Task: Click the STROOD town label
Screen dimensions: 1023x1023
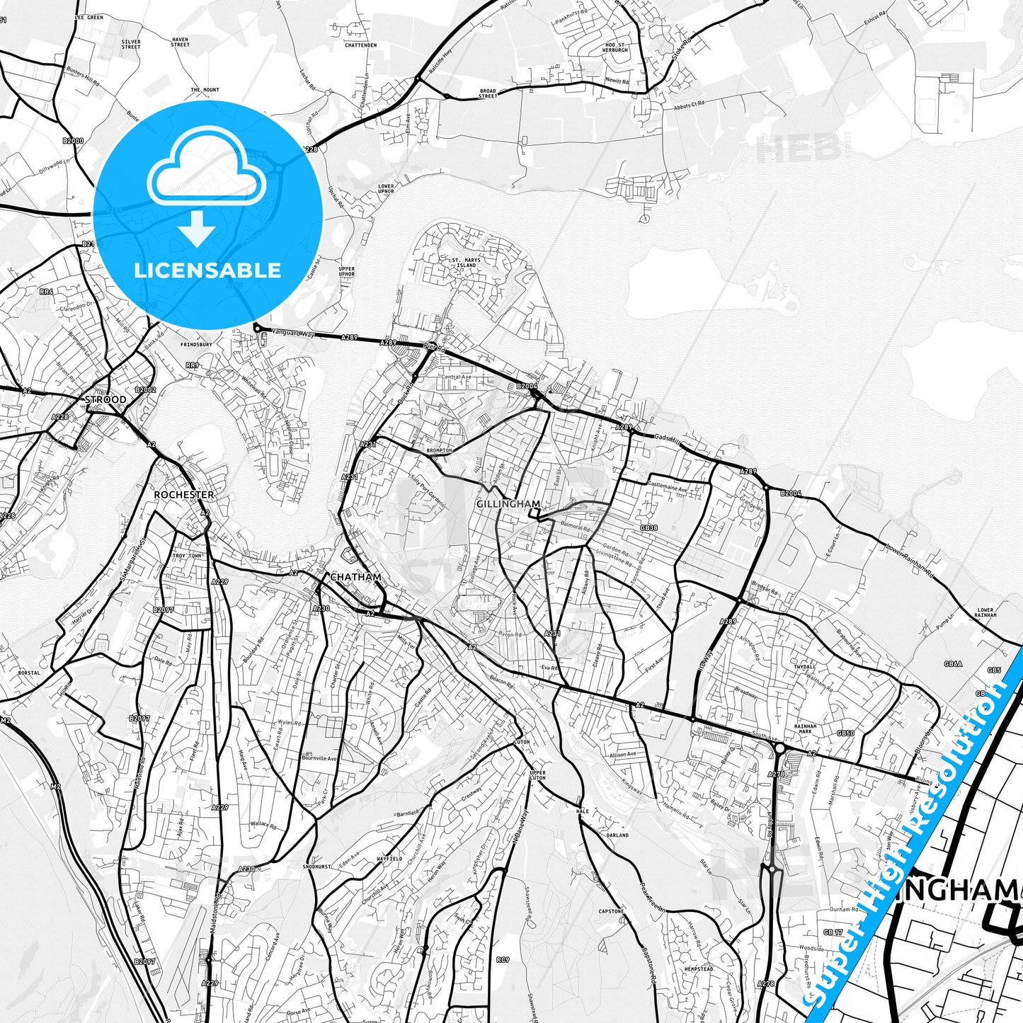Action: click(105, 400)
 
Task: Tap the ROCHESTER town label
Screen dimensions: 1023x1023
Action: click(183, 495)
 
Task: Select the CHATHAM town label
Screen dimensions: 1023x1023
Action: click(355, 578)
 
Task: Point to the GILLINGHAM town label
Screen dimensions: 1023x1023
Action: click(508, 504)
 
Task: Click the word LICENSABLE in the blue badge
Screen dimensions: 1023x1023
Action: click(207, 270)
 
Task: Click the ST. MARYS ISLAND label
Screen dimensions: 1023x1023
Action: click(466, 263)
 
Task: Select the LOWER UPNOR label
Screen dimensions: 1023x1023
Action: click(386, 189)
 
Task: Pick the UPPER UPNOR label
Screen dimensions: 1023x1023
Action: click(347, 272)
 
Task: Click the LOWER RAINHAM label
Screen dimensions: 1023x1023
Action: click(985, 612)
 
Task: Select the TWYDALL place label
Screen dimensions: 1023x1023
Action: click(805, 666)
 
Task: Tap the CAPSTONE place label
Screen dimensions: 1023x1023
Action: click(612, 911)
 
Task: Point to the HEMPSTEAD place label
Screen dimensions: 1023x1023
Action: click(699, 969)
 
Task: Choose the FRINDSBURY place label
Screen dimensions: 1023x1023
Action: click(196, 345)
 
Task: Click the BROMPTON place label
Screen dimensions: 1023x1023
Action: click(439, 451)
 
